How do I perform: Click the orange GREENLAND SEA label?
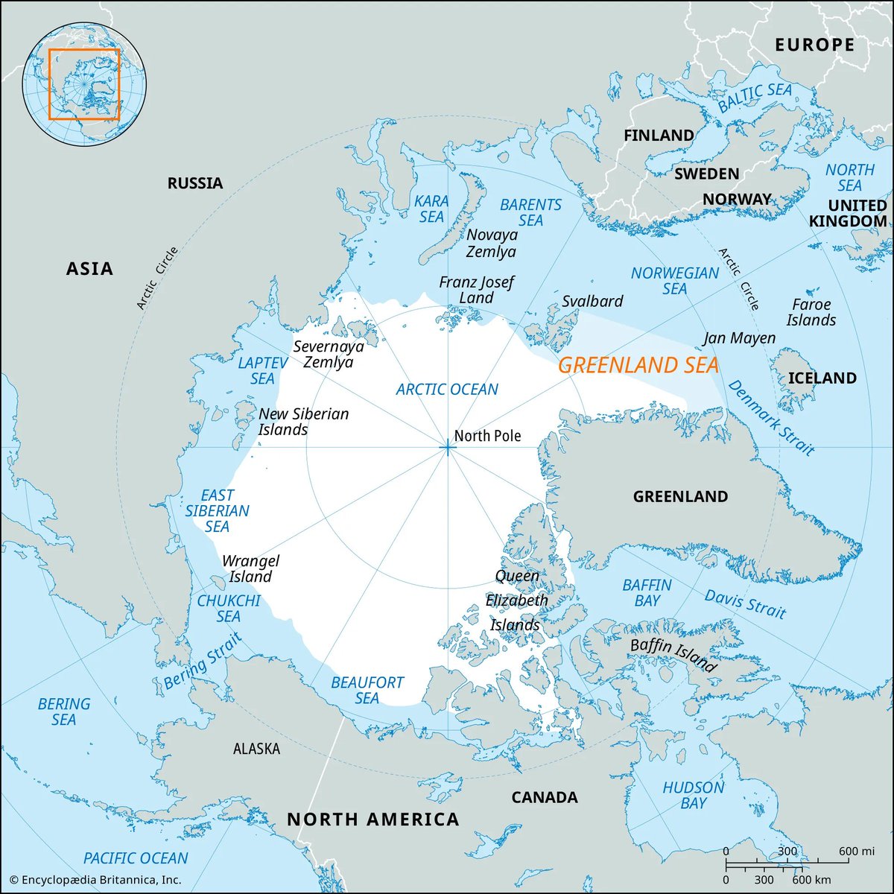(x=638, y=365)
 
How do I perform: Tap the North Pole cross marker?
(x=447, y=447)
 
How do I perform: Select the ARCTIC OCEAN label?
(x=447, y=389)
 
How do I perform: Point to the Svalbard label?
(x=592, y=302)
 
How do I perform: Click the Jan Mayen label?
(x=739, y=338)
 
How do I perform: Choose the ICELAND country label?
(x=822, y=378)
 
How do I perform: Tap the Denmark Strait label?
(x=771, y=417)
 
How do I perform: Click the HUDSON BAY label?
(x=693, y=795)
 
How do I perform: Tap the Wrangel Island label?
(x=250, y=568)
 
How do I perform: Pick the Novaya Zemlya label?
(x=491, y=244)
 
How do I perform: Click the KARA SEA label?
(x=431, y=209)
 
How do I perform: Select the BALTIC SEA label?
(x=755, y=98)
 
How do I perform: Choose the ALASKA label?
(x=256, y=749)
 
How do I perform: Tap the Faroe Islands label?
(x=811, y=312)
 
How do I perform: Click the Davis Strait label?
(x=745, y=603)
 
